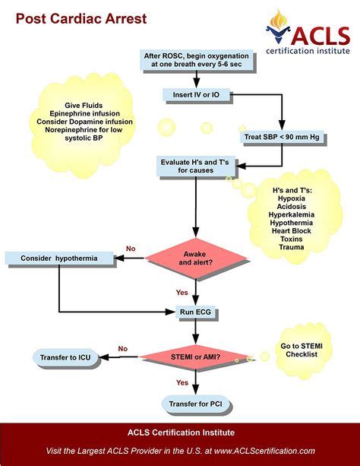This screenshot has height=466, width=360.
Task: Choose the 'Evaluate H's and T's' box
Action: (x=196, y=166)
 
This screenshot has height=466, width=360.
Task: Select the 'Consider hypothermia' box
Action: (x=59, y=259)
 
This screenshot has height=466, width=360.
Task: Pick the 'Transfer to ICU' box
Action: (x=66, y=357)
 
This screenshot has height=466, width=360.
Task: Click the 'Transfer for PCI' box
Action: (x=196, y=403)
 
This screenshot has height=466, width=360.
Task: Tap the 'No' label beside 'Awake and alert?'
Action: (x=131, y=249)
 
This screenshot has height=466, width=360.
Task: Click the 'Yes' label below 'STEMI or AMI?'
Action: (x=182, y=382)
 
